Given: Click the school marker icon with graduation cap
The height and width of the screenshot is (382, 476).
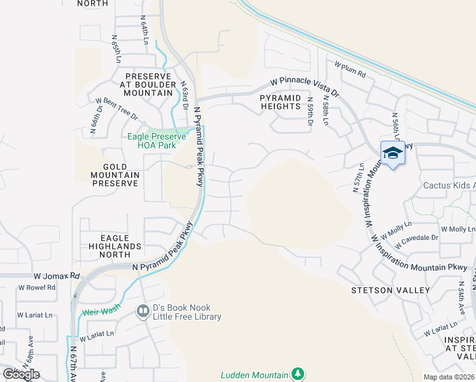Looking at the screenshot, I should click(x=393, y=153).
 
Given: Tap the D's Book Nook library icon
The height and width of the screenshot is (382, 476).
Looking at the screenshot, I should click(x=143, y=311).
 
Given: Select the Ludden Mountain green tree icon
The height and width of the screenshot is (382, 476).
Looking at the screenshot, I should click(x=297, y=374).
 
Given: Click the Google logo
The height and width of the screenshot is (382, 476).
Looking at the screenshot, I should click(x=21, y=374).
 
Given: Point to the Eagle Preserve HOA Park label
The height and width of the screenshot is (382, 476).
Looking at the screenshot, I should click(x=157, y=140).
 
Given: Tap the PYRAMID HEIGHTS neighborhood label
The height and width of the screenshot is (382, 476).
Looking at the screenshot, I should click(x=280, y=102).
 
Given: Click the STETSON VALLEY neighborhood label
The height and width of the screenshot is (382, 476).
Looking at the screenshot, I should click(x=391, y=290).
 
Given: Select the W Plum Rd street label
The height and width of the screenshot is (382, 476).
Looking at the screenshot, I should click(x=350, y=69).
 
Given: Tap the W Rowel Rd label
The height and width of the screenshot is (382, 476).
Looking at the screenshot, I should click(x=36, y=287).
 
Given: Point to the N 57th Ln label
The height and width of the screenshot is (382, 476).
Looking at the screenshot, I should click(x=358, y=178).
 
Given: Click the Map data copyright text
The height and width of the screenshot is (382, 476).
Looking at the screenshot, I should click(x=449, y=377).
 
